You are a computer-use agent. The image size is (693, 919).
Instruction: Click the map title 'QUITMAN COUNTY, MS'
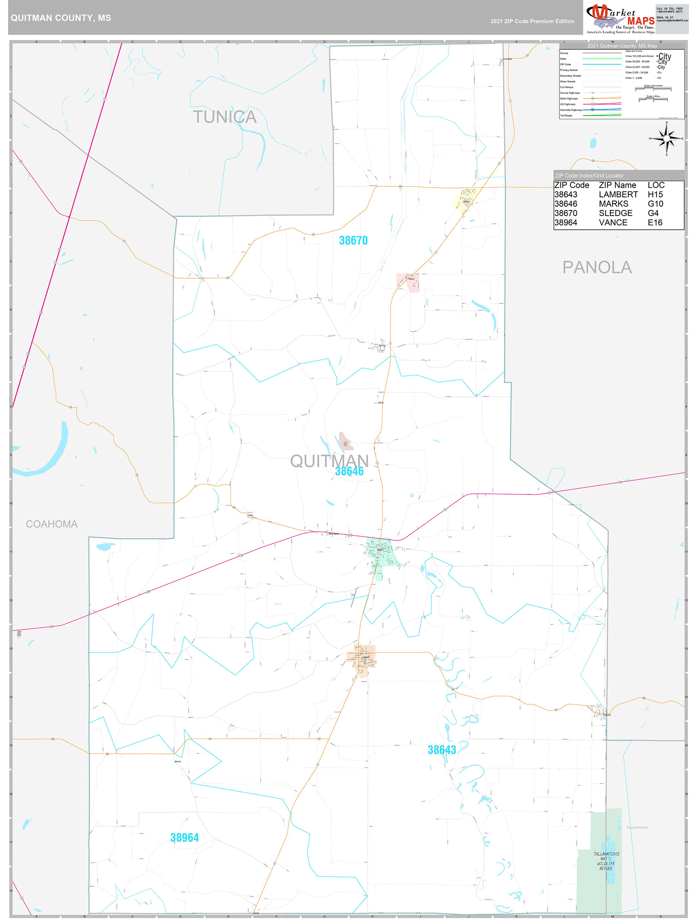click(x=61, y=18)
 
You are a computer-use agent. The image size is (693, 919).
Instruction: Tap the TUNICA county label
click(x=224, y=117)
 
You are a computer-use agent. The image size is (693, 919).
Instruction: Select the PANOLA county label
click(x=597, y=268)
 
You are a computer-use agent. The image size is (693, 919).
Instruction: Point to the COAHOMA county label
click(x=52, y=524)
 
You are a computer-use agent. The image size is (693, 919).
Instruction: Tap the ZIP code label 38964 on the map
click(x=184, y=838)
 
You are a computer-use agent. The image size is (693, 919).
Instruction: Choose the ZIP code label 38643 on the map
click(x=442, y=750)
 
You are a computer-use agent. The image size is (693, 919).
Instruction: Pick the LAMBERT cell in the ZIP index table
click(x=618, y=194)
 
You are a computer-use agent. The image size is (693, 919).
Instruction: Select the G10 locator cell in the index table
click(x=655, y=204)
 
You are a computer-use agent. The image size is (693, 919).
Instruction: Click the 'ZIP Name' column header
click(x=617, y=185)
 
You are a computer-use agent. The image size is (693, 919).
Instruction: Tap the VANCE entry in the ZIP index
click(x=613, y=223)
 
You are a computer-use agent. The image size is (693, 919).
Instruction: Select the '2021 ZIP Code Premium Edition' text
click(x=532, y=21)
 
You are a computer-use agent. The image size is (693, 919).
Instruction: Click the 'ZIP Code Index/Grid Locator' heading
click(x=589, y=176)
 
